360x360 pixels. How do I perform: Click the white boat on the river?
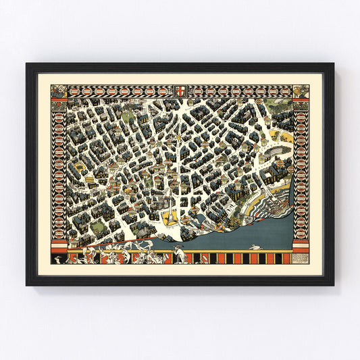(x=255, y=247)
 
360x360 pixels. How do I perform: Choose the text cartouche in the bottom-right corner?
(x=301, y=247)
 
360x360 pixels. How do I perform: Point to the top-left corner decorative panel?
(x=59, y=92)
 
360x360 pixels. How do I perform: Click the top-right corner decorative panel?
(x=301, y=92)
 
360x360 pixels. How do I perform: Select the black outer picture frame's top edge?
(x=180, y=66)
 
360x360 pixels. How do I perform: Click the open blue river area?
(x=236, y=233)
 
